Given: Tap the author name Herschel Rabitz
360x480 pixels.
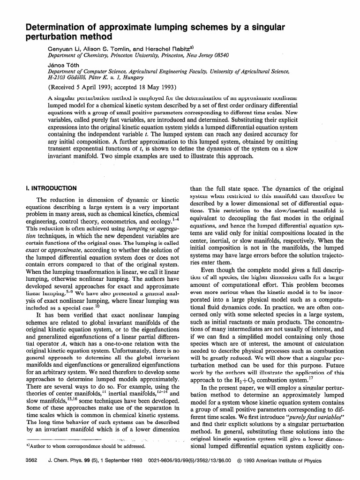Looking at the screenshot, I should [x=161, y=48].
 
